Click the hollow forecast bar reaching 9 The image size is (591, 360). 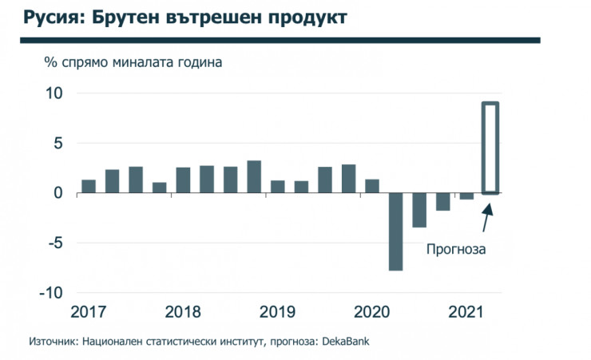click(x=490, y=148)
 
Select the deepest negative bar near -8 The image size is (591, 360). click(x=395, y=231)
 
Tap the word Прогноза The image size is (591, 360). click(x=456, y=248)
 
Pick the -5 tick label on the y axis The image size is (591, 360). click(x=53, y=243)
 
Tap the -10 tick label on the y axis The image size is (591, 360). click(x=49, y=293)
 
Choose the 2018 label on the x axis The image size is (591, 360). click(x=183, y=310)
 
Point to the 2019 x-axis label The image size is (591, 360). click(x=278, y=310)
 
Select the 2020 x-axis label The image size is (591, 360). click(x=372, y=310)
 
